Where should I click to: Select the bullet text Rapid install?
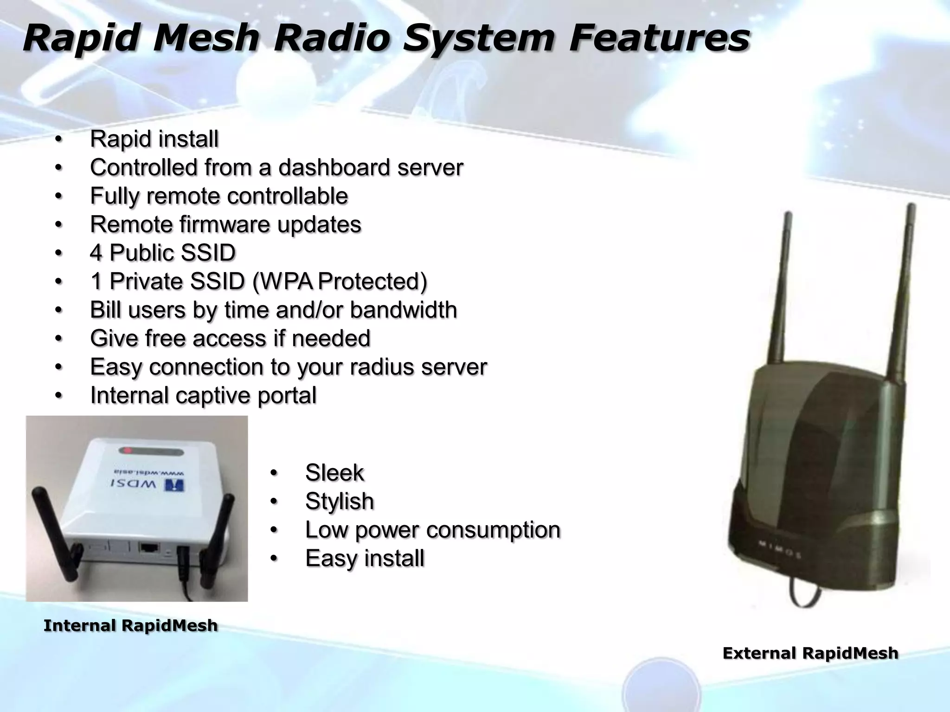click(x=154, y=139)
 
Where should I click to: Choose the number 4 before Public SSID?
click(x=96, y=253)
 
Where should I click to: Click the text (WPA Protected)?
click(x=340, y=281)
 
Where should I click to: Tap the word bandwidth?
click(x=403, y=310)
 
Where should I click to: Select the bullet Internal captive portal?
click(x=203, y=395)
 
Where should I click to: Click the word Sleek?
click(x=334, y=473)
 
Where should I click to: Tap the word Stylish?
click(x=339, y=502)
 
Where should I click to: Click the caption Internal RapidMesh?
click(x=130, y=626)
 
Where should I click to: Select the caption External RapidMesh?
click(x=810, y=654)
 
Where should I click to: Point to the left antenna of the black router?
click(x=780, y=287)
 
